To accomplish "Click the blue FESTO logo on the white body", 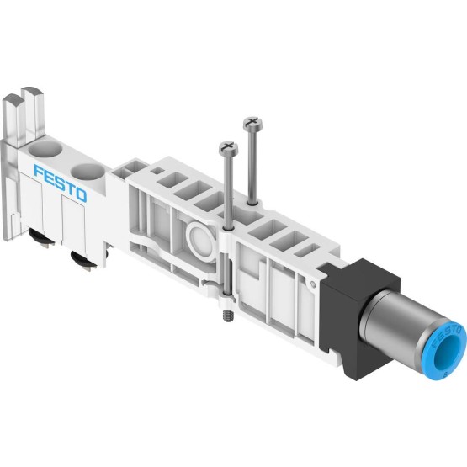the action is click(61, 183).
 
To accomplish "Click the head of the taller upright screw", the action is click(253, 123).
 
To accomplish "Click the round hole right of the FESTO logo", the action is click(88, 172).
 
